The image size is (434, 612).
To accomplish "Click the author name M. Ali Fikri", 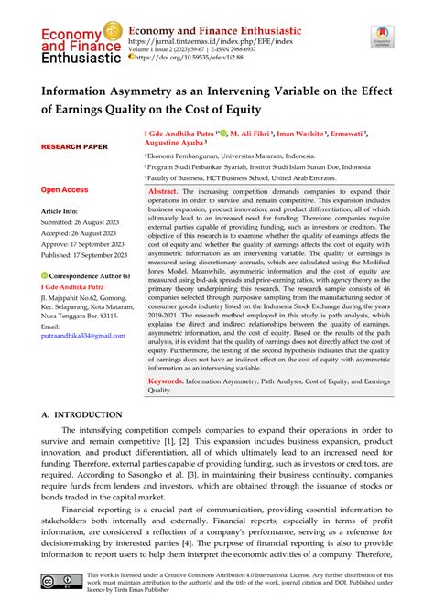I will point(253,134).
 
